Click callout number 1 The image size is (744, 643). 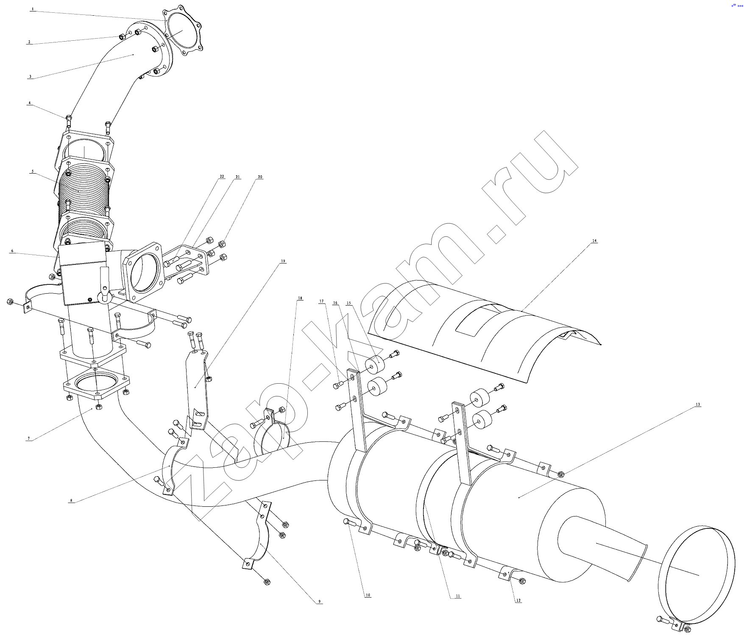(32, 8)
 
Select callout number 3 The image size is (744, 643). (30, 77)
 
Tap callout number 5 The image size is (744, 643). (32, 171)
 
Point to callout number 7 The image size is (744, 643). (29, 439)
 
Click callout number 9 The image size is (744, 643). (320, 601)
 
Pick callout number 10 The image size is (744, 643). (368, 595)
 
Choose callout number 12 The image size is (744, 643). (518, 600)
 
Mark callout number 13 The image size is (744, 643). (698, 404)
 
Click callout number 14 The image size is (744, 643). (594, 241)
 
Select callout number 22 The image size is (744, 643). (222, 177)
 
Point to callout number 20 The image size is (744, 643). (260, 177)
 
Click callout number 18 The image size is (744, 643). (300, 298)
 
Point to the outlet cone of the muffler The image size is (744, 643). (602, 548)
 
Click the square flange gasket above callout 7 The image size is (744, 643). (97, 385)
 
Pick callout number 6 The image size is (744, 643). (12, 251)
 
